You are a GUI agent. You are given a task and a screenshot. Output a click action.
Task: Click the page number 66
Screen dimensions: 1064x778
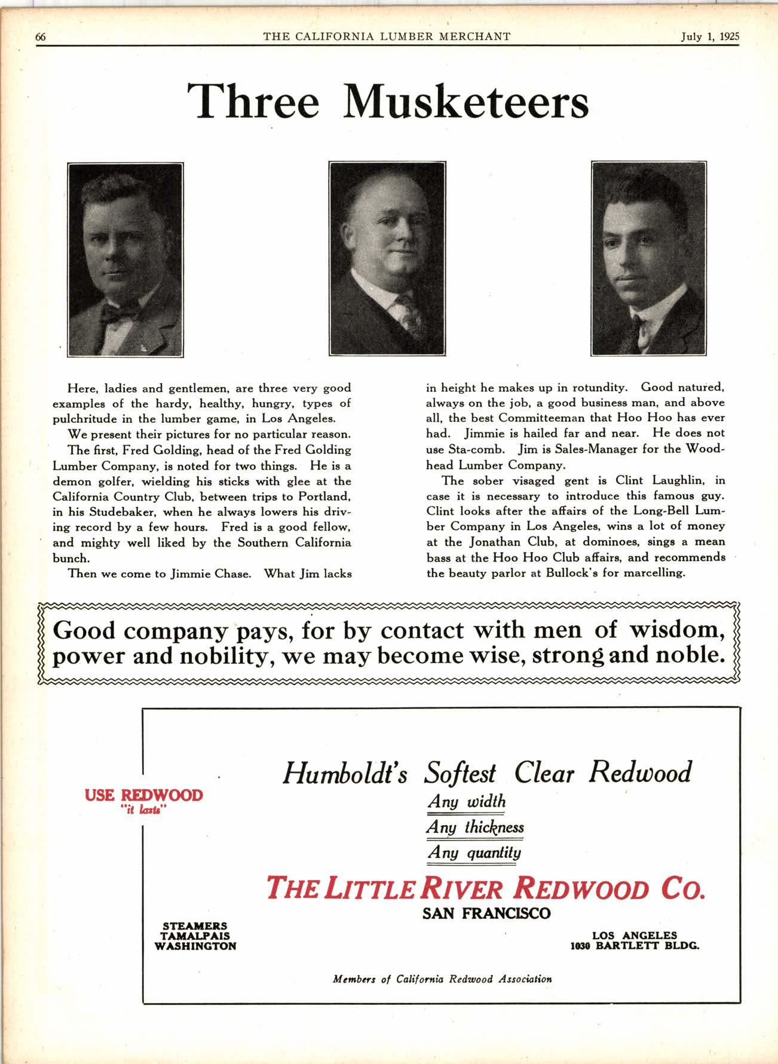point(41,36)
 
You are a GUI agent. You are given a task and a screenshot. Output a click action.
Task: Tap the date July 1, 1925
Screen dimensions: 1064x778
point(710,36)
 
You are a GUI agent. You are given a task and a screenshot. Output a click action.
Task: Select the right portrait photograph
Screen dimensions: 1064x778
point(648,258)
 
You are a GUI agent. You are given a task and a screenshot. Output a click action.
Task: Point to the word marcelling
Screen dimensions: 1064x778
point(655,573)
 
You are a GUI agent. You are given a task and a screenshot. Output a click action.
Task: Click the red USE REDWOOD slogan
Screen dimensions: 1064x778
point(144,795)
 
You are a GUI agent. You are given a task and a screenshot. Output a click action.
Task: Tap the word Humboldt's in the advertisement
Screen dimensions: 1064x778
point(345,774)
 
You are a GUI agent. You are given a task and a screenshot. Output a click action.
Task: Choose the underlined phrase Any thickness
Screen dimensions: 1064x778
point(475,827)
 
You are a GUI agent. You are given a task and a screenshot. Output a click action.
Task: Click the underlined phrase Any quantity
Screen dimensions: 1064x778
point(474,853)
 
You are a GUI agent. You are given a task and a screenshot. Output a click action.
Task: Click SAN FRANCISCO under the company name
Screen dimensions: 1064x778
point(486,913)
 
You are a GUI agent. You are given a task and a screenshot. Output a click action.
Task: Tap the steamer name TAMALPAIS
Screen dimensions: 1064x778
point(195,936)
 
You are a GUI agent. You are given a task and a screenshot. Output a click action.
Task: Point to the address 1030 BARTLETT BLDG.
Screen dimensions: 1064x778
point(635,946)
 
